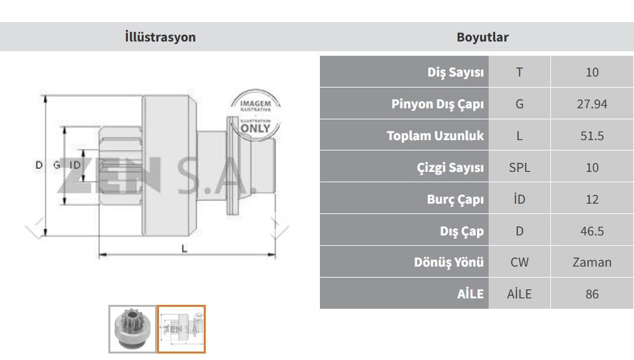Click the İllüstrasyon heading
click(x=160, y=37)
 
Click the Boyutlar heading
click(x=482, y=37)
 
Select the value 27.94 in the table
click(x=592, y=104)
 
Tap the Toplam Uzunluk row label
click(x=435, y=136)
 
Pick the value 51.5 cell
click(x=592, y=136)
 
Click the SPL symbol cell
click(x=519, y=167)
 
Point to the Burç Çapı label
click(x=456, y=199)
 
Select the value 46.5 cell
click(x=592, y=231)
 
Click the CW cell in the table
click(x=519, y=262)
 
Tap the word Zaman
click(x=592, y=262)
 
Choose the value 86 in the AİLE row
click(x=592, y=294)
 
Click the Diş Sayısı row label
click(x=456, y=72)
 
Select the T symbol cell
click(x=519, y=72)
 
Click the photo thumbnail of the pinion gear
click(x=132, y=329)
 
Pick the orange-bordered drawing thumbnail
click(x=181, y=329)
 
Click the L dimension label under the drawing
click(x=184, y=248)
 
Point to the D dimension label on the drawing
click(x=39, y=165)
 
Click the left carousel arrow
click(x=35, y=226)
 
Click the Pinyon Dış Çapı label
click(x=437, y=104)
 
